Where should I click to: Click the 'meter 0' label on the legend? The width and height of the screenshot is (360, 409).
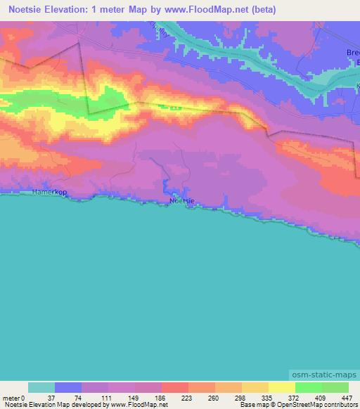[13, 397]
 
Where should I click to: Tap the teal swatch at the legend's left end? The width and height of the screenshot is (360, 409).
[41, 387]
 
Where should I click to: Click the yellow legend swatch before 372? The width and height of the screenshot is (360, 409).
[255, 387]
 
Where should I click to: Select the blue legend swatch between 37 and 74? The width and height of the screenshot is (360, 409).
[68, 387]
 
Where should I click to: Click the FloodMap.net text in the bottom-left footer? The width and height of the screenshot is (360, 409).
[144, 405]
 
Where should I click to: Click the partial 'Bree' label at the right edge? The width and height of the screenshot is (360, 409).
[352, 53]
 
